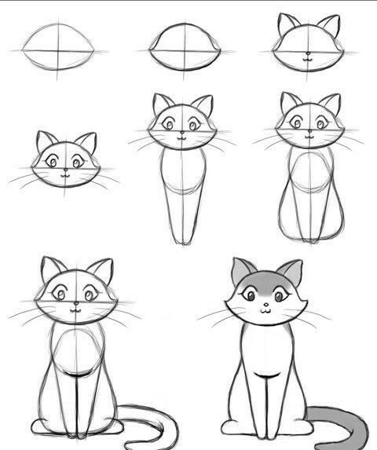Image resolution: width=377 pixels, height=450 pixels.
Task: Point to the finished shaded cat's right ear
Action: [x=291, y=271]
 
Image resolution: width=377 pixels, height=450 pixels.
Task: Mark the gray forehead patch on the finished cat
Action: [x=264, y=280]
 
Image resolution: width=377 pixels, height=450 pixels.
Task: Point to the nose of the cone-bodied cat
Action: [x=181, y=133]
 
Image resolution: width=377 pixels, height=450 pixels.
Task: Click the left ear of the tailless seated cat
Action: [x=287, y=103]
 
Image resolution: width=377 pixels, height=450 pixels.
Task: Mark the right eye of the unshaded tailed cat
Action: [x=90, y=295]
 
